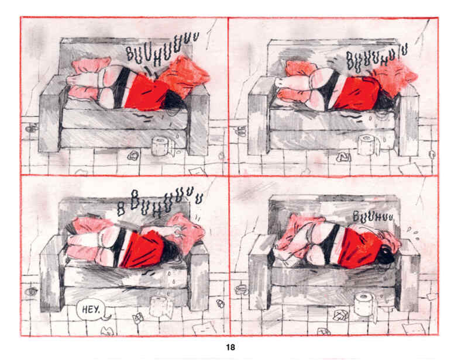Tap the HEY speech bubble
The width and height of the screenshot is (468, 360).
click(89, 309)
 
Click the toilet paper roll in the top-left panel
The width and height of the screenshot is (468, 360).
click(159, 146)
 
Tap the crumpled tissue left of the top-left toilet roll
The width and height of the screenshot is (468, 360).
click(133, 155)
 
